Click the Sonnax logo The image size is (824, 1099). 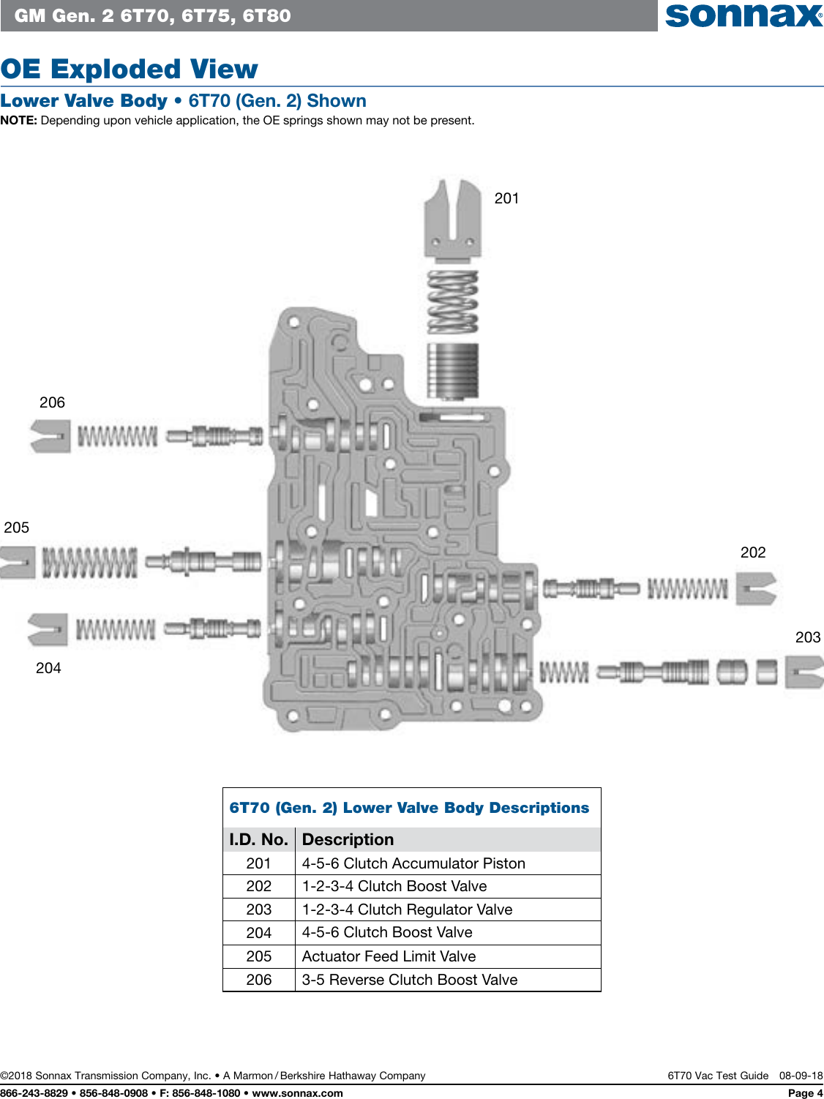[x=744, y=15]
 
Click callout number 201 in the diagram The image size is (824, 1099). [x=506, y=198]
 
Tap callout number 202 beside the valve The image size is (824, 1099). [x=753, y=552]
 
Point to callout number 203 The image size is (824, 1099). [x=808, y=637]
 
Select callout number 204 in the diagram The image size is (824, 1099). [x=48, y=668]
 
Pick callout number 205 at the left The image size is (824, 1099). [x=17, y=528]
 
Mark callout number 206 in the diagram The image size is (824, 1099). [x=52, y=402]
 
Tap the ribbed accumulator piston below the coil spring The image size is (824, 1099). [x=453, y=371]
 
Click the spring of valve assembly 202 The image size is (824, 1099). [x=688, y=589]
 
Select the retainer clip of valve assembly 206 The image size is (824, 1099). [x=50, y=436]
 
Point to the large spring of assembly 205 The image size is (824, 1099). [x=89, y=563]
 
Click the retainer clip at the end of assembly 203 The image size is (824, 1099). [x=804, y=672]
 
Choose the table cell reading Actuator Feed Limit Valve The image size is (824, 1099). [x=389, y=956]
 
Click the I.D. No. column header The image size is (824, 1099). [x=258, y=839]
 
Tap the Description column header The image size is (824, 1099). [x=348, y=839]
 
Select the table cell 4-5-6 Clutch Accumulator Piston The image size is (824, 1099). [x=413, y=863]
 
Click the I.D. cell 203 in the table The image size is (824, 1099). [x=259, y=909]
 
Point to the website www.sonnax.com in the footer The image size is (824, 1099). [x=297, y=1093]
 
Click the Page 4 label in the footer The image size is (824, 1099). [x=805, y=1093]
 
